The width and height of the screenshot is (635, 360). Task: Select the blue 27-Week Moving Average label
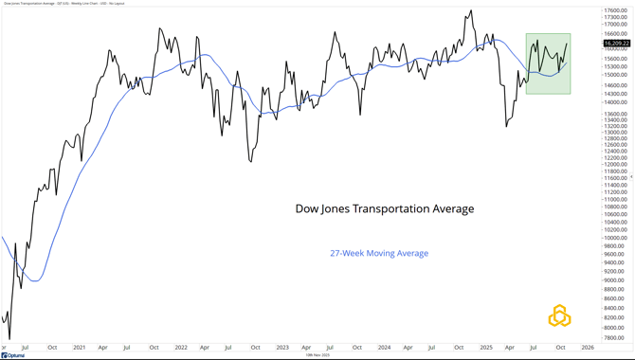pos(379,253)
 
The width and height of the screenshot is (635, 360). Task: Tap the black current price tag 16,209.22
pos(616,44)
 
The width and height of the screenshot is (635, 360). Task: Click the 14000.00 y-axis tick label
pos(616,102)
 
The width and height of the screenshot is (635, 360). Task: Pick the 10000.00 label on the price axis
pos(616,238)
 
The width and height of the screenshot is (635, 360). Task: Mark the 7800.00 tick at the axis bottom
pos(616,337)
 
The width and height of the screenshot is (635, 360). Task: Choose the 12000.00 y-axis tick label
pos(616,164)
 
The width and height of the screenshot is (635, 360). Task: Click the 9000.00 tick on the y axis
pos(616,279)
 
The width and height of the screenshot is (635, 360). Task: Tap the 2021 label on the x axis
pos(79,348)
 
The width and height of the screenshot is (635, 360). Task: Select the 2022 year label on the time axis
pos(180,348)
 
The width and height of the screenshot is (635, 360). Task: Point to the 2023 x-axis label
pos(282,348)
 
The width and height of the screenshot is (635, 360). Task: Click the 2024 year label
pos(384,348)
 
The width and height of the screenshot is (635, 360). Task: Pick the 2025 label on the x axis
pos(485,348)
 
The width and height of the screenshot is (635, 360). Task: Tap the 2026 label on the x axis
pos(588,348)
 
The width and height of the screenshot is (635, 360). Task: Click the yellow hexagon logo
pos(559,315)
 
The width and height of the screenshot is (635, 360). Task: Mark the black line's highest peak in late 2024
pos(470,11)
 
